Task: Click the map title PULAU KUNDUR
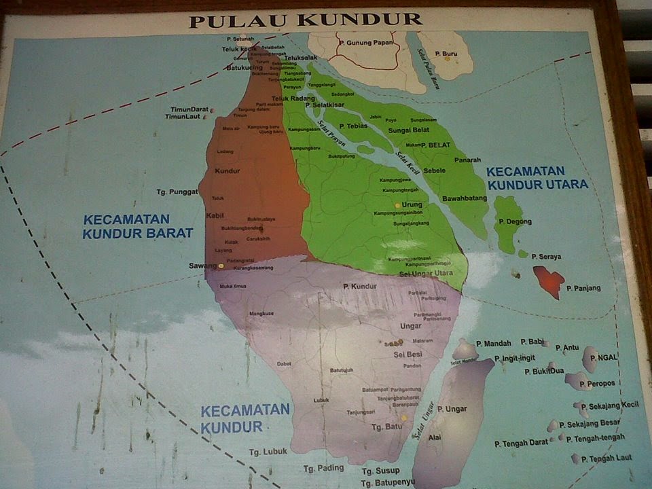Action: coord(306,20)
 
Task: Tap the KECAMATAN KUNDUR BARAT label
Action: coord(138,227)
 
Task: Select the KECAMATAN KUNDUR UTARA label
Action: coord(537,178)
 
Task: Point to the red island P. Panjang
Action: coord(549,280)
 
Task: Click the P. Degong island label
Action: coord(515,222)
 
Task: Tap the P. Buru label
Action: coord(446,53)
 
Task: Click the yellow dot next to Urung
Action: coord(397,204)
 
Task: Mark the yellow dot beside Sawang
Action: coord(221,266)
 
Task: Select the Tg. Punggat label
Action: coord(177,192)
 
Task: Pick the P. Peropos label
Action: coord(597,383)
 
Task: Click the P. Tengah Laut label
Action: coord(610,458)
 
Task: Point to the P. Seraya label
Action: coord(546,257)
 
